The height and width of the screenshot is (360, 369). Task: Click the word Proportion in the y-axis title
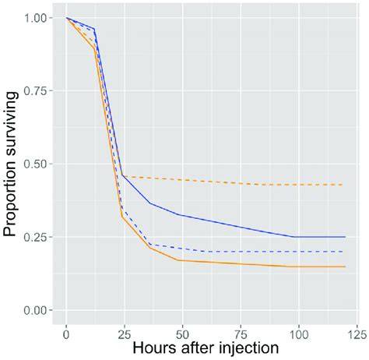[x=13, y=198]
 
